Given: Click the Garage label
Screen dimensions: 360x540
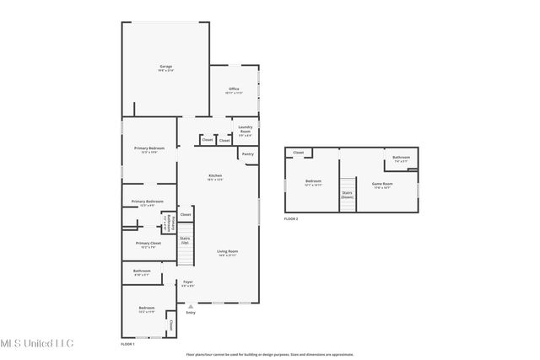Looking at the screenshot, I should [166, 67].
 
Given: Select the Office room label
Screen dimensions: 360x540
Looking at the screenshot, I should [234, 90].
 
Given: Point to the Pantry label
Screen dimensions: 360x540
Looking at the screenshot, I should [247, 154].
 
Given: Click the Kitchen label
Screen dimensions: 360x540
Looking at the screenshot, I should [215, 177].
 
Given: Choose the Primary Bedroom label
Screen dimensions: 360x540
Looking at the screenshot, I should [148, 149].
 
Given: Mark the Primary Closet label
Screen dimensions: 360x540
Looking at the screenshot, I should [148, 245].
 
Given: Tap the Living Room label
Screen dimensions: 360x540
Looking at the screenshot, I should [227, 252].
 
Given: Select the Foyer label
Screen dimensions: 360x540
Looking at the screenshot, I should [188, 284].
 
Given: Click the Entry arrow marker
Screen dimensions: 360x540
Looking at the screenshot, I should [191, 308].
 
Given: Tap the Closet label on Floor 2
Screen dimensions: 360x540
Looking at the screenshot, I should [298, 153].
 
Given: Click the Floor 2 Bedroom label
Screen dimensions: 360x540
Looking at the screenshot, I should [313, 182].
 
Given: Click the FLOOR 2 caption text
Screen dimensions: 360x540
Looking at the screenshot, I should [291, 218].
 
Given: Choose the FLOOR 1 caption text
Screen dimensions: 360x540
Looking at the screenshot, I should [127, 344].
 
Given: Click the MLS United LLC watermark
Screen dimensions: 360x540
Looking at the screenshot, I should [37, 343].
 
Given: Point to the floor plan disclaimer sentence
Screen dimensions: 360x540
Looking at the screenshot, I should [270, 354].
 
